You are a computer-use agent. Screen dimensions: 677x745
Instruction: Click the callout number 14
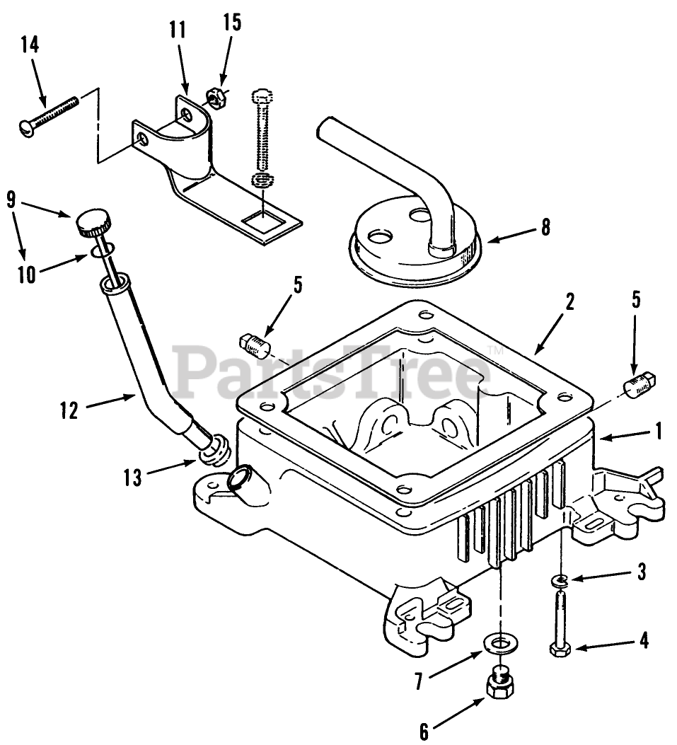click(x=30, y=45)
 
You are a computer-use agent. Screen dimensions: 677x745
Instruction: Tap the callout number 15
click(x=232, y=23)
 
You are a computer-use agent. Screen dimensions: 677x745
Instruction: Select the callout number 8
click(x=545, y=227)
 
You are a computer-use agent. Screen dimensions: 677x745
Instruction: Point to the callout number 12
click(x=69, y=410)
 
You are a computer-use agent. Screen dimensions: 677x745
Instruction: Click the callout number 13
click(x=132, y=477)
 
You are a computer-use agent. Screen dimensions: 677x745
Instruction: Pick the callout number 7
click(x=419, y=681)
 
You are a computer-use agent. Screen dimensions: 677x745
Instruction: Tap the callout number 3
click(x=642, y=572)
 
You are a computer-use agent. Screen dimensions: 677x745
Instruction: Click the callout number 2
click(x=569, y=302)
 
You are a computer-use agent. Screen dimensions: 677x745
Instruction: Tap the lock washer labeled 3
click(x=561, y=581)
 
